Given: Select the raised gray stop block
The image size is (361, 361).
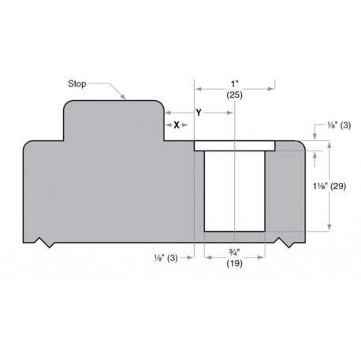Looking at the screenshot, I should click(x=113, y=121).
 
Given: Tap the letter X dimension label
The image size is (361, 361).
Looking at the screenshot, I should click(x=177, y=125).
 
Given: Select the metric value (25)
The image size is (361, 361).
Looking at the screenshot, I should click(x=234, y=94).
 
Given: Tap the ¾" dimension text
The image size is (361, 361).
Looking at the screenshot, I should click(x=234, y=251).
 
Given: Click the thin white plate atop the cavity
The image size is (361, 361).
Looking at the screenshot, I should click(x=234, y=146).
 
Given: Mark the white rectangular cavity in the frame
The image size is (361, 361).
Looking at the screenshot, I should click(x=234, y=191).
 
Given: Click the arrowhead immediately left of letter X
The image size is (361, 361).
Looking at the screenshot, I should click(x=167, y=125).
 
